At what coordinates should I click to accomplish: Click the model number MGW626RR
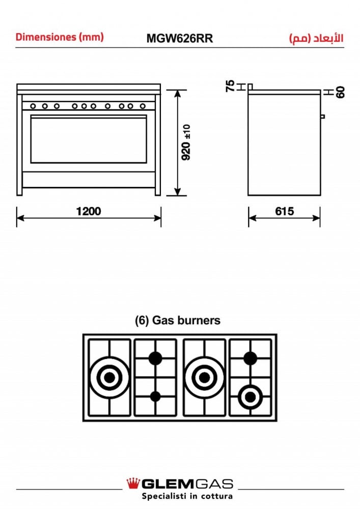tap(180, 38)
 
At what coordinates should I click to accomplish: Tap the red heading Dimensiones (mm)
tap(60, 37)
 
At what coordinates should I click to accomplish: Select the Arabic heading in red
tap(316, 38)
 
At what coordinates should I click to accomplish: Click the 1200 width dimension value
tap(88, 211)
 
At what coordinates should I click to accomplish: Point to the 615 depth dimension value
tap(284, 211)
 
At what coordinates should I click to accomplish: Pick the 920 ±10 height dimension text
tap(186, 143)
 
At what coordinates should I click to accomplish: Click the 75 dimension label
tap(230, 86)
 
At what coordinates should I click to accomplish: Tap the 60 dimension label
tap(340, 92)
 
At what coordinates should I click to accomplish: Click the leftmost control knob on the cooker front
tap(33, 106)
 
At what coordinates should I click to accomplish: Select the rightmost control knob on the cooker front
tap(143, 106)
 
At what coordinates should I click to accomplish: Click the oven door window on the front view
tap(89, 139)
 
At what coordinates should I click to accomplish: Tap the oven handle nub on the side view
tap(323, 116)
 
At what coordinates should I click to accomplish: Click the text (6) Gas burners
tap(178, 320)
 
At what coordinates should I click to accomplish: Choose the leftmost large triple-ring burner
tap(109, 378)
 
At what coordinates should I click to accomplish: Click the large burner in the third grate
tap(204, 378)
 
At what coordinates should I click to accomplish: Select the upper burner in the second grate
tap(155, 358)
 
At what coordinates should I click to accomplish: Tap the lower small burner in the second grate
tap(155, 397)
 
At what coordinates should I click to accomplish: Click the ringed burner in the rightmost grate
tap(250, 397)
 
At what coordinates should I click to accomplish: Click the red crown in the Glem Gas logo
tap(133, 484)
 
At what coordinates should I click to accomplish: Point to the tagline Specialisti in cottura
tap(187, 496)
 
